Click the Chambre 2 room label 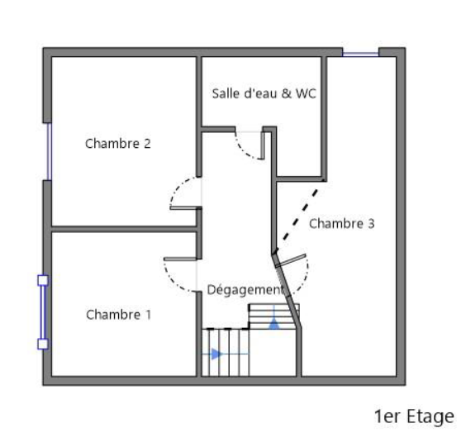click(118, 144)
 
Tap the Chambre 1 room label click(119, 315)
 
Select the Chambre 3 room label click(342, 223)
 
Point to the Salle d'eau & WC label click(264, 93)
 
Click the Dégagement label click(245, 290)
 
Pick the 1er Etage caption click(414, 416)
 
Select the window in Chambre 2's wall click(50, 151)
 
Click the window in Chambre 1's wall click(43, 312)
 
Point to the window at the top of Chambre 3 click(360, 54)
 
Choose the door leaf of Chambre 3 click(291, 260)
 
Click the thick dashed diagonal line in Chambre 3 click(301, 214)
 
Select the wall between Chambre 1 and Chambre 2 click(124, 229)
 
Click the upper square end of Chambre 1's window click(43, 280)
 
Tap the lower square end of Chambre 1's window click(43, 345)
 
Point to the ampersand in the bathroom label click(287, 93)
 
